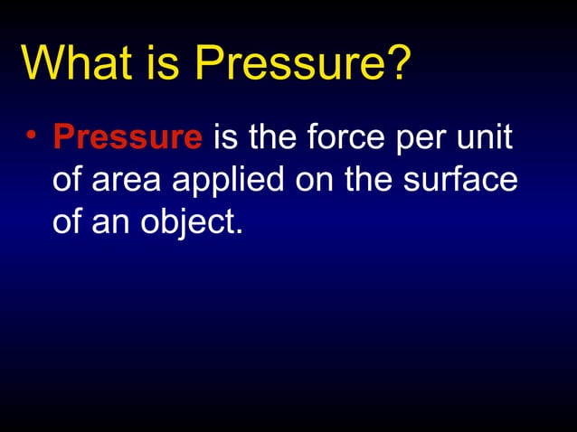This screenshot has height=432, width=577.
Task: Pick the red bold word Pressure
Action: (x=128, y=138)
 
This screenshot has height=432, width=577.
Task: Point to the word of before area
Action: (x=68, y=180)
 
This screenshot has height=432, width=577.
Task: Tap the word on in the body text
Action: (x=317, y=183)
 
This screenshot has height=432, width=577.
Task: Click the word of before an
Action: (x=68, y=221)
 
